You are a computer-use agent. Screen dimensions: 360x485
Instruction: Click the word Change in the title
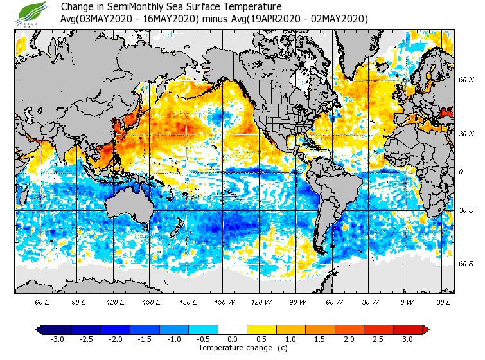(76, 7)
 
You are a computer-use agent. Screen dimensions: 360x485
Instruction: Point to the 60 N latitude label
(466, 80)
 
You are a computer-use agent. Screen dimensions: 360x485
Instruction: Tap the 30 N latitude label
(466, 134)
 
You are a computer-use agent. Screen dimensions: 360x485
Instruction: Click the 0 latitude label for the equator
(461, 172)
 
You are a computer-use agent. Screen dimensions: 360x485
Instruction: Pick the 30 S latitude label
(466, 211)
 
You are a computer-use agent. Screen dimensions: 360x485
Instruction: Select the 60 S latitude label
(466, 264)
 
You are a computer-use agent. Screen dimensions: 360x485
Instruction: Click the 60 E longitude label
(42, 301)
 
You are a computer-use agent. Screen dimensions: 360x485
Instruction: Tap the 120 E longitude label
(116, 301)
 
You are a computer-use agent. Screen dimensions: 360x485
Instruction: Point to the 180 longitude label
(188, 301)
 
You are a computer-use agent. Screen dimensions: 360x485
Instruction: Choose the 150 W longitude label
(225, 301)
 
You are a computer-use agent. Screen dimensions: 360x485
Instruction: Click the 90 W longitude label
(297, 301)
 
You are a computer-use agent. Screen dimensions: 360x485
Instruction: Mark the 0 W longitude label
(407, 301)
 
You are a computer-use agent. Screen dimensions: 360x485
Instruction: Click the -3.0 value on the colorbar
(57, 339)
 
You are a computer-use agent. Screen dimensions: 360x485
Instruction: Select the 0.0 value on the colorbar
(233, 339)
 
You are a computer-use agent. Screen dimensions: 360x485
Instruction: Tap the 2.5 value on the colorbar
(378, 339)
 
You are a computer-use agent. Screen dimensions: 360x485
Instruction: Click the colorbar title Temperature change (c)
(243, 348)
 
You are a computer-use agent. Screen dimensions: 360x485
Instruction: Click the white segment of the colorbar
(233, 329)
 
